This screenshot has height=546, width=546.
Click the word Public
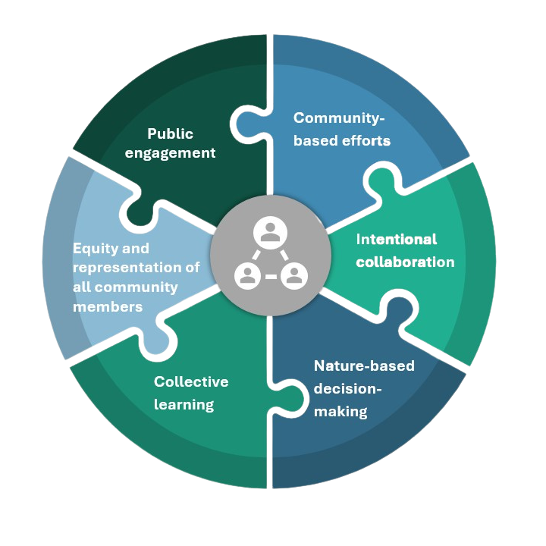click(170, 134)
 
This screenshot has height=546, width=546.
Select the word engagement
click(170, 153)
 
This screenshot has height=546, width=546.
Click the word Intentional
click(397, 240)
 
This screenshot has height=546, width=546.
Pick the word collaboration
click(405, 262)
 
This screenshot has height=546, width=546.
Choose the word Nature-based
click(364, 366)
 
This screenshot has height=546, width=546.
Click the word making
click(340, 412)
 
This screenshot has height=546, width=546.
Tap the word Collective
click(191, 381)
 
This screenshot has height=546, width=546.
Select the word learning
click(184, 404)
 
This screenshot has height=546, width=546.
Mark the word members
click(108, 307)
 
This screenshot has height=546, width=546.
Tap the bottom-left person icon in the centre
click(247, 276)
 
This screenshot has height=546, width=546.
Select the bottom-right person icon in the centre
click(293, 276)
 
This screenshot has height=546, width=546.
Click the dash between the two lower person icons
click(271, 278)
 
